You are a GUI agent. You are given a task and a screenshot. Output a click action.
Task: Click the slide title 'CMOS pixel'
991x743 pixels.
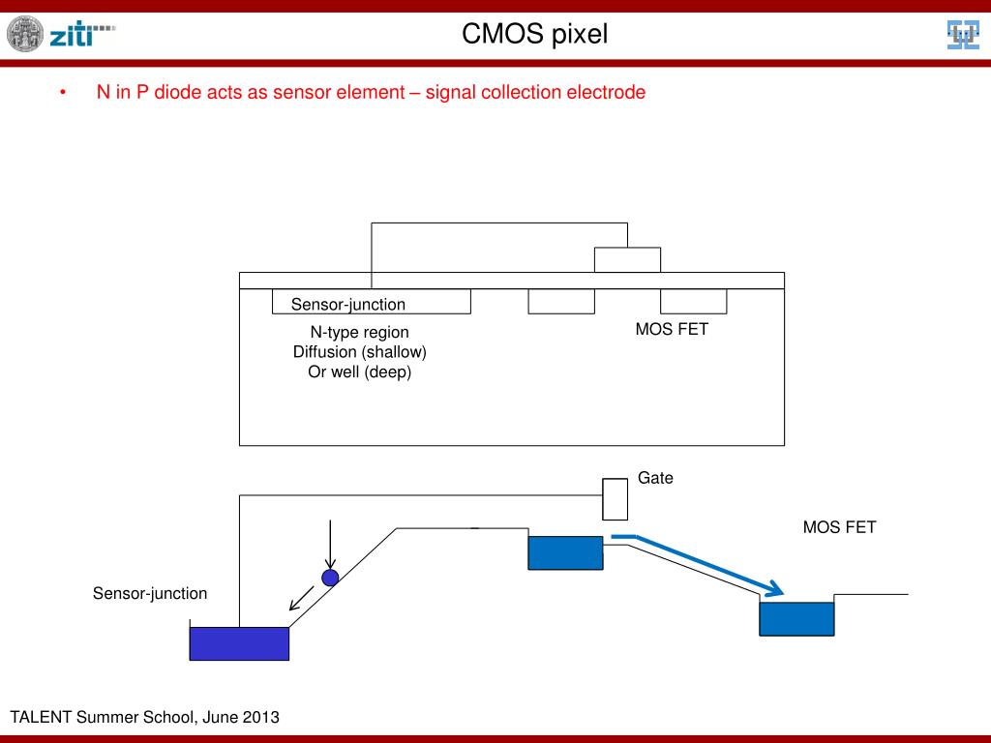pos(534,34)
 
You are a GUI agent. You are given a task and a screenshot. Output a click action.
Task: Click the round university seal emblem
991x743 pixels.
pos(25,34)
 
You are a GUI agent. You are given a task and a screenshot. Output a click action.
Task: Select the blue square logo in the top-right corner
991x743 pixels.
pos(963,34)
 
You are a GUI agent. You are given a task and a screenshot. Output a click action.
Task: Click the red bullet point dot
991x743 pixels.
pos(63,92)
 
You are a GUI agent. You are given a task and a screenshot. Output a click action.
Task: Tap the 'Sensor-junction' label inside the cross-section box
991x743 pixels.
pos(348,304)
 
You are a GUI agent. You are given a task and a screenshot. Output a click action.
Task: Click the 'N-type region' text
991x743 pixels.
pos(360,332)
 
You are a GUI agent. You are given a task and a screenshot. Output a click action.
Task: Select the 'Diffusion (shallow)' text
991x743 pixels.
pos(360,352)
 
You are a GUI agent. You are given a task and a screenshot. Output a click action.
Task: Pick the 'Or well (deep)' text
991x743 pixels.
pos(360,371)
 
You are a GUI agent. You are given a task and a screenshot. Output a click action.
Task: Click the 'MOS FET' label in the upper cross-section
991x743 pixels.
pos(672,329)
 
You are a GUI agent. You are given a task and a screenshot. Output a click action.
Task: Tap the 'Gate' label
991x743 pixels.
pos(655,478)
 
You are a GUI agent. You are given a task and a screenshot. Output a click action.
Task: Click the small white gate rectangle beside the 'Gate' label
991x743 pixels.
pos(615,499)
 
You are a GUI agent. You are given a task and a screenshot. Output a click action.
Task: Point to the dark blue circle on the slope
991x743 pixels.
pos(330,578)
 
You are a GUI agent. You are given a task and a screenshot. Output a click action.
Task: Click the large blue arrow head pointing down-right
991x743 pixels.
pos(773,589)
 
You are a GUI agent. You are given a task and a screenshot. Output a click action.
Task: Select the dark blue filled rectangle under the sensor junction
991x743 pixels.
pos(240,643)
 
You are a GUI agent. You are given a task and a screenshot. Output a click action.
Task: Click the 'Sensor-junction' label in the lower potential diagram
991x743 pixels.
pos(150,593)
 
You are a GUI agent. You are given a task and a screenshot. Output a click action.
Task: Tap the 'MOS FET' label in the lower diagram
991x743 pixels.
pos(839,527)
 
